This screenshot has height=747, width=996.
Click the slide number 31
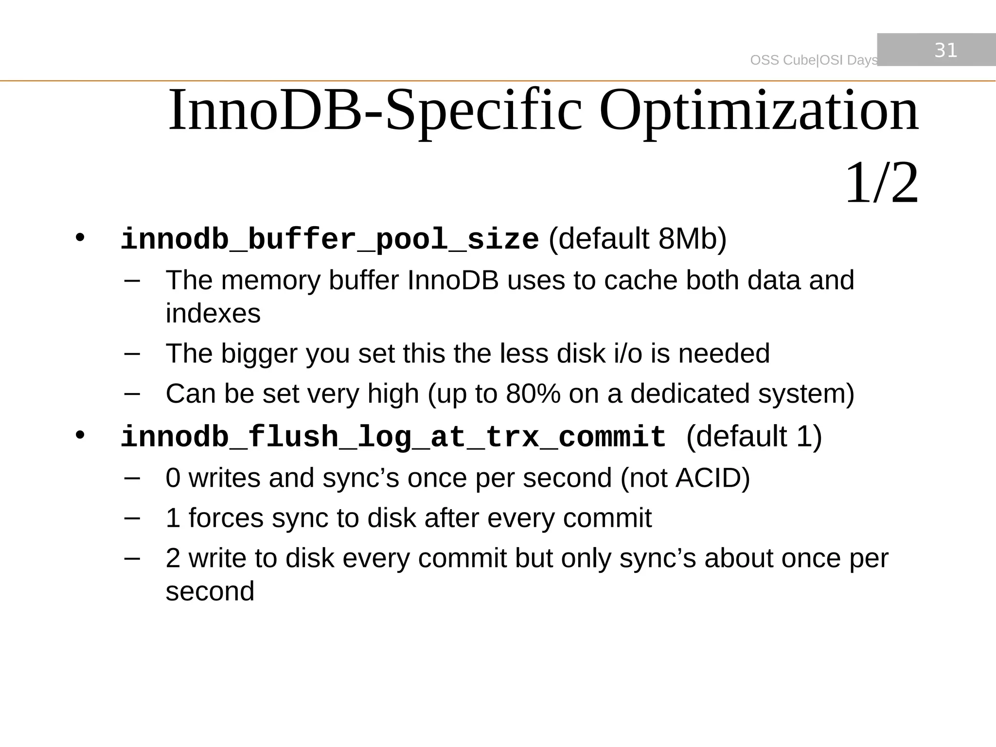[x=945, y=50]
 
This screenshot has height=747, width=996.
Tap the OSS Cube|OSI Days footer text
[x=814, y=60]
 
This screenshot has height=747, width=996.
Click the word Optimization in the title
[x=759, y=111]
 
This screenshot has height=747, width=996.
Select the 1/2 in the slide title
[x=882, y=183]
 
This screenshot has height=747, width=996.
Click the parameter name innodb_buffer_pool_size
[x=329, y=239]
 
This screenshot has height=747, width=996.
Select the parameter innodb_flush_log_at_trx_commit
[x=393, y=436]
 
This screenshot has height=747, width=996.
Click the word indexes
[x=213, y=313]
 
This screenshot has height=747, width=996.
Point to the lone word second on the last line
[x=210, y=591]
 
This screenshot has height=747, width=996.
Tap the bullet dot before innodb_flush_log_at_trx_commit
[x=80, y=435]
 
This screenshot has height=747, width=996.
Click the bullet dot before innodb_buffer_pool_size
[x=80, y=238]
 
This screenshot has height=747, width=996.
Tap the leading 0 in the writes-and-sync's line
[x=173, y=478]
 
